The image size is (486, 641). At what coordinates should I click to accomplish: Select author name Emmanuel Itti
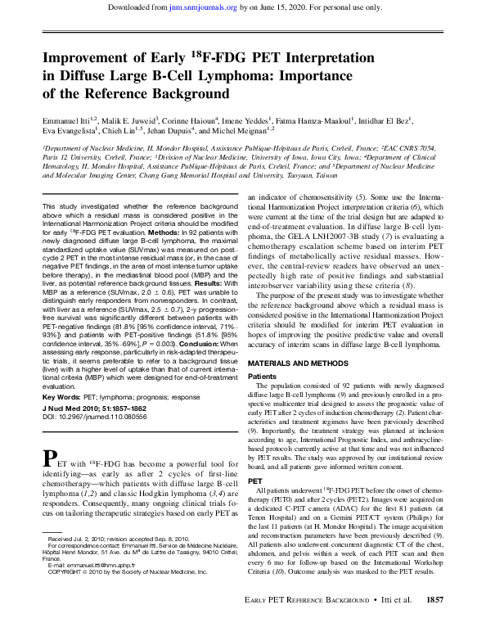click(x=64, y=119)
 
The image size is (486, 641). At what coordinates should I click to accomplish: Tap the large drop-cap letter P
click(x=49, y=456)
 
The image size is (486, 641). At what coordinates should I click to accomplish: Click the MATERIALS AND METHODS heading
click(x=300, y=362)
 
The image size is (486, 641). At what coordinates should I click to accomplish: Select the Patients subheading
click(x=262, y=376)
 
